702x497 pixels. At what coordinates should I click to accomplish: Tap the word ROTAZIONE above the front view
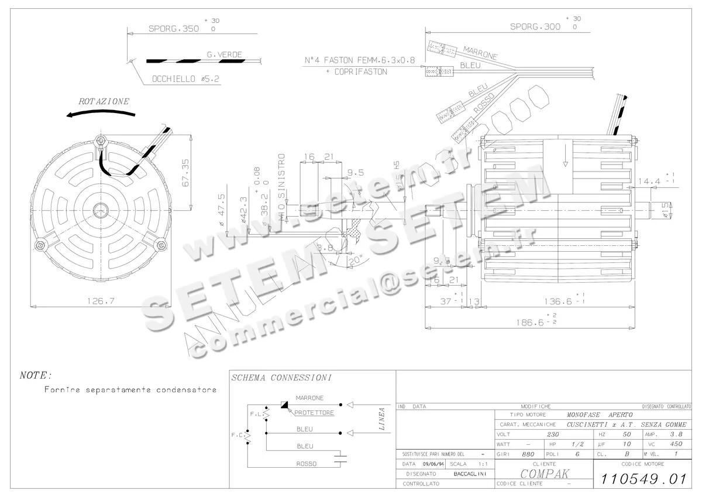click(104, 101)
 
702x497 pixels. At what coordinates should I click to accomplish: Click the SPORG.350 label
click(173, 28)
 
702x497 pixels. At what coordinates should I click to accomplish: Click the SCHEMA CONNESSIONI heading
click(282, 378)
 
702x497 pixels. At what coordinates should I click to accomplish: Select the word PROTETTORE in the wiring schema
click(314, 413)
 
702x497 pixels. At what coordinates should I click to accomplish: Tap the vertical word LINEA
click(381, 419)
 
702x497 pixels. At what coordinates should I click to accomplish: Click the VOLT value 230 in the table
click(552, 435)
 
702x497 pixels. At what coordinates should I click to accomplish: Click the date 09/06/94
click(433, 464)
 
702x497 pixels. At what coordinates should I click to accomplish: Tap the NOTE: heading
click(36, 375)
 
